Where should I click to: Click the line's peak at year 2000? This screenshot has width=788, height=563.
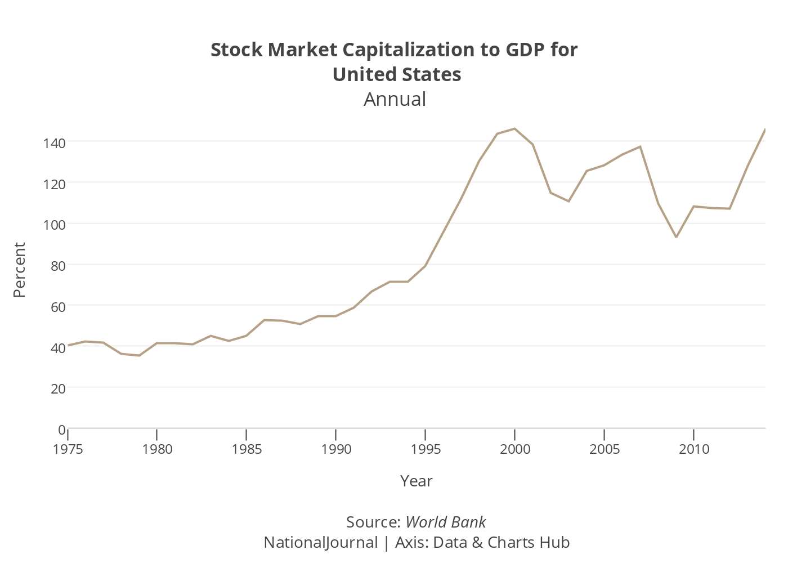tap(514, 128)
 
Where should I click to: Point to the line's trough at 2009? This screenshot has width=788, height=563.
tap(676, 237)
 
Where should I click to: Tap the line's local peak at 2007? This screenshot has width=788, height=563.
tap(641, 146)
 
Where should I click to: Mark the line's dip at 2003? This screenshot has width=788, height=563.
tap(568, 202)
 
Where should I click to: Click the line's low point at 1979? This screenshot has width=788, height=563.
tap(139, 356)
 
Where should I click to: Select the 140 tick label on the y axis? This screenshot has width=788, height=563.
tap(54, 143)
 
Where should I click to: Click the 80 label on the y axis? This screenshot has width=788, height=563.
tap(58, 266)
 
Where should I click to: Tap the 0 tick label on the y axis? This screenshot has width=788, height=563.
tap(62, 430)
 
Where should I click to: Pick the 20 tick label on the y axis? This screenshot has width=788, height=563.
tap(58, 388)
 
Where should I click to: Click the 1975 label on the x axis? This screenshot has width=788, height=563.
tap(68, 449)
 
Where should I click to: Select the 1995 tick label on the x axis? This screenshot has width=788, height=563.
tap(426, 449)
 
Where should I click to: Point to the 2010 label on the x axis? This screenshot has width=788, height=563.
tap(693, 449)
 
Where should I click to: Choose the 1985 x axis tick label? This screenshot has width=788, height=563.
tap(247, 449)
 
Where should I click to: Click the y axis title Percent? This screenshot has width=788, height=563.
tap(20, 270)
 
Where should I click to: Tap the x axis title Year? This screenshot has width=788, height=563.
tap(416, 481)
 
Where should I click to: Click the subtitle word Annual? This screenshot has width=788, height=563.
tap(395, 99)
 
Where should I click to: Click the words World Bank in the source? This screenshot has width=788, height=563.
tap(445, 522)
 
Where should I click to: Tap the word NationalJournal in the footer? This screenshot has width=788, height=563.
tap(321, 542)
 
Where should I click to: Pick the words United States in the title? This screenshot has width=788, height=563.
tap(397, 74)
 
